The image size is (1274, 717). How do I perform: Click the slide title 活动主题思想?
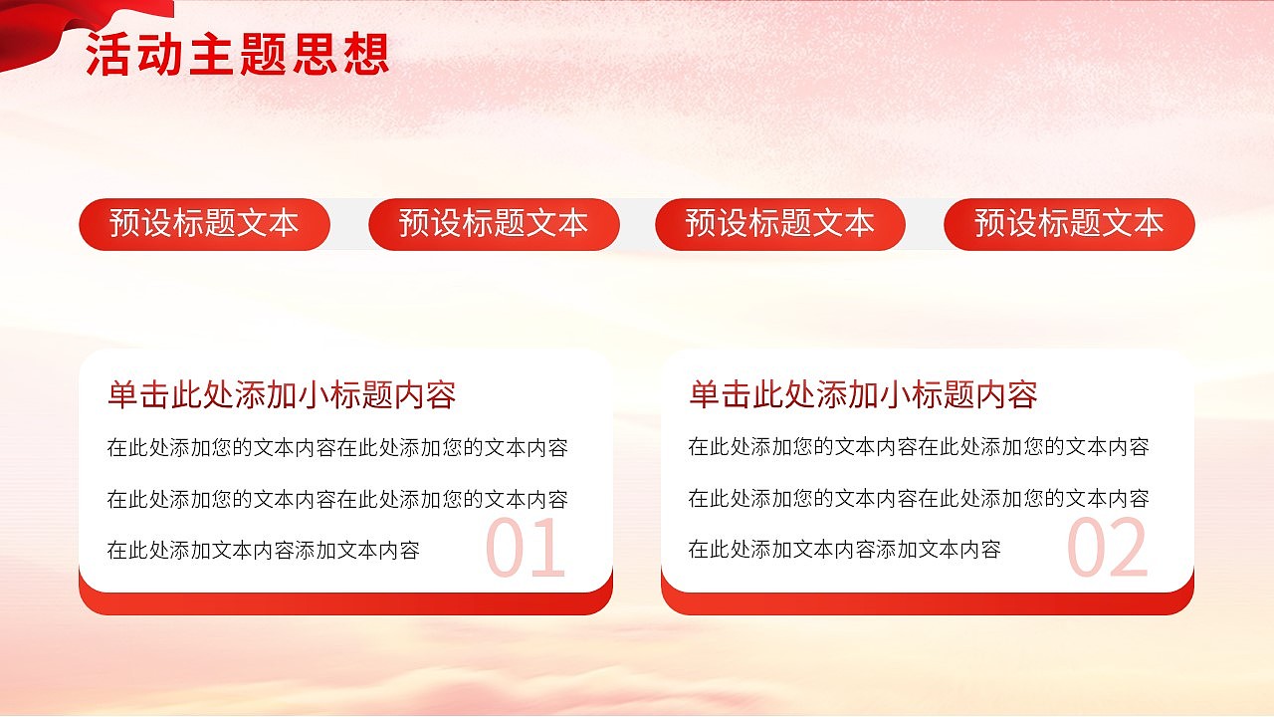point(237,55)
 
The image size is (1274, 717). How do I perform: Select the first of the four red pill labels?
point(204,224)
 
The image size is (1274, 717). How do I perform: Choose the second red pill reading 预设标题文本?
point(494,224)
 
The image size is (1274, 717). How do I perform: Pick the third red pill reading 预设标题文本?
point(780,224)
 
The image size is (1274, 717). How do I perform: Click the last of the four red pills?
point(1069,224)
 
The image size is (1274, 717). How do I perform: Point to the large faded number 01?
point(526,549)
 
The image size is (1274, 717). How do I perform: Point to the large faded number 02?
point(1108,549)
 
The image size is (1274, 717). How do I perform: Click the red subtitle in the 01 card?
point(282,395)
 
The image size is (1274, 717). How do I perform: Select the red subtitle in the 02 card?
point(863,395)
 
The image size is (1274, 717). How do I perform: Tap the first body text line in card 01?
point(337,448)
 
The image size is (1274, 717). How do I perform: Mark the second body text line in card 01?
point(337,499)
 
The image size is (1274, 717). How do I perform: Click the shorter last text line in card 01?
point(264,550)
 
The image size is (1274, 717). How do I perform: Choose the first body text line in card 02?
point(919,448)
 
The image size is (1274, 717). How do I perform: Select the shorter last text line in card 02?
point(845,549)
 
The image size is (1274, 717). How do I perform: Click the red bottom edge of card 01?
point(345,603)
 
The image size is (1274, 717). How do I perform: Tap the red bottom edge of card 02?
point(927,603)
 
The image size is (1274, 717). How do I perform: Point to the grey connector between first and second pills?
point(349,224)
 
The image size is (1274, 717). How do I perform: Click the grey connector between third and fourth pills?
point(925,224)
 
